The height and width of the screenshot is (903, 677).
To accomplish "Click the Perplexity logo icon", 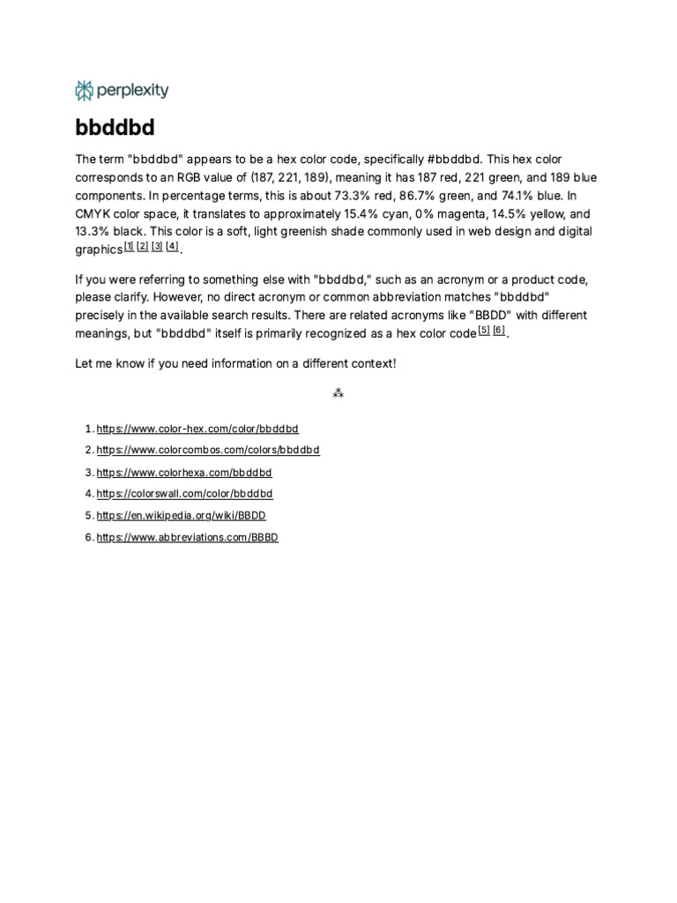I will [85, 90].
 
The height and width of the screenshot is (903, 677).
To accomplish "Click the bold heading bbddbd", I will [115, 128].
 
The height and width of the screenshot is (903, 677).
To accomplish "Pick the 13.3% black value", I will [93, 231].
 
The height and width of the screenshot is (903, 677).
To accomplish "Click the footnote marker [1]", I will [129, 246].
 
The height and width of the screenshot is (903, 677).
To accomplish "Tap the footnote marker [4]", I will [172, 246].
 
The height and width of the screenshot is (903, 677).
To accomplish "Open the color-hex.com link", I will [197, 429].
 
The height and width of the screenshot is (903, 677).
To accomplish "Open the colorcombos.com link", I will [208, 450].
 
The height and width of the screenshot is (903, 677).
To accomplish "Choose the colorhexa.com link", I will [184, 472].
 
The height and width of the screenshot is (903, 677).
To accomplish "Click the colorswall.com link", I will [184, 494].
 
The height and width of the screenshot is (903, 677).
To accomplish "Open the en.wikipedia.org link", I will [181, 515].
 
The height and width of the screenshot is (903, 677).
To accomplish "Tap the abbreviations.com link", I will [187, 537].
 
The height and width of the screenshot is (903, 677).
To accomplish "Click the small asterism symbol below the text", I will [338, 393].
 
